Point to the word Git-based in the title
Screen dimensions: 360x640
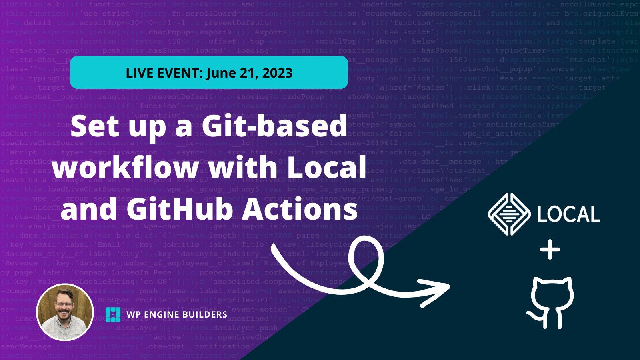[274, 126]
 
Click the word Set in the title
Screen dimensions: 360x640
[94, 126]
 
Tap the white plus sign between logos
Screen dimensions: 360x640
[550, 250]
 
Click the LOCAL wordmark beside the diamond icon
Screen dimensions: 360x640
[568, 214]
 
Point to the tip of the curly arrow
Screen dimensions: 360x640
[448, 286]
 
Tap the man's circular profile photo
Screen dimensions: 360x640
[65, 312]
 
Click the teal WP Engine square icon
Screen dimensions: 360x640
[113, 314]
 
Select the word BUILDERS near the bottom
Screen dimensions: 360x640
[208, 314]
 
